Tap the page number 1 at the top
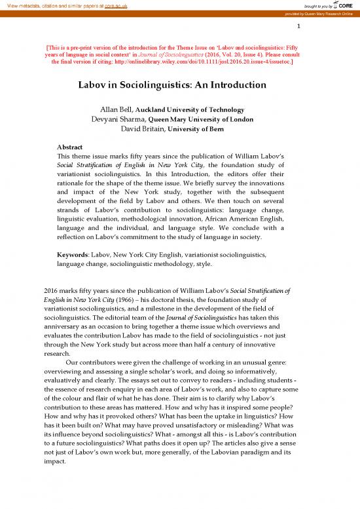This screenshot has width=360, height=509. tap(298, 28)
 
